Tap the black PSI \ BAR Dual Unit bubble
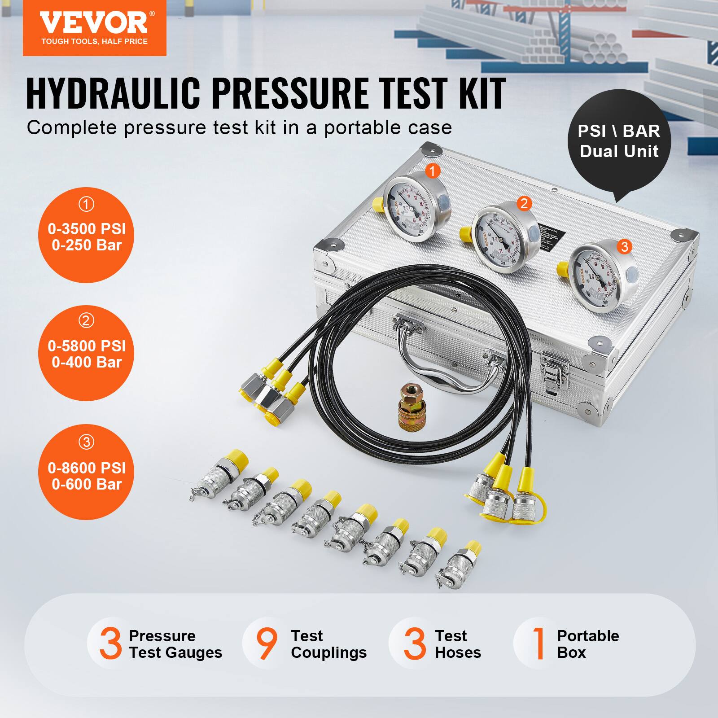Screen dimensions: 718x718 (x=619, y=141)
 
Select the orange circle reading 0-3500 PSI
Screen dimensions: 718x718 (x=86, y=235)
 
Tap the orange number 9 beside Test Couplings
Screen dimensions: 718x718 (x=267, y=644)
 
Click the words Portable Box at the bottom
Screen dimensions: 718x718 (x=587, y=644)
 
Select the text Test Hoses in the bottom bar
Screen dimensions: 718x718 (x=457, y=644)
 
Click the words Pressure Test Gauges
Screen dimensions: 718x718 (x=175, y=644)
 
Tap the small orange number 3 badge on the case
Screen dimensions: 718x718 (x=624, y=246)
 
